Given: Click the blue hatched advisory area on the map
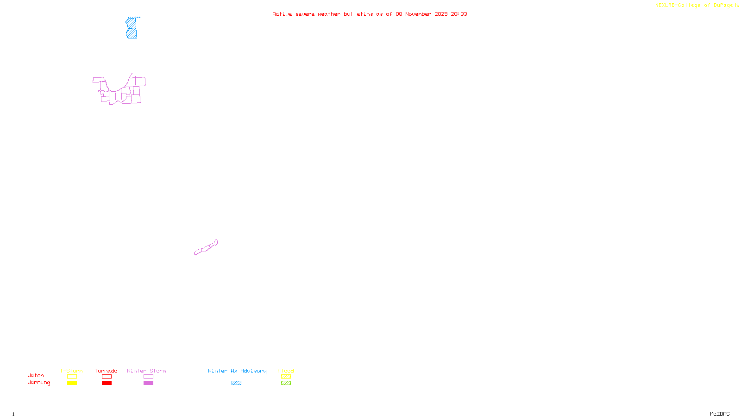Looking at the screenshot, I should click(132, 28).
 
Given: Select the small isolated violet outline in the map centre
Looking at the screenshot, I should click(206, 248).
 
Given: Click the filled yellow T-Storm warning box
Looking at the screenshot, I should click(72, 383).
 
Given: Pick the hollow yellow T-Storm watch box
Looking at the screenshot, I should click(72, 377).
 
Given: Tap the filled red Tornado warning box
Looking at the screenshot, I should click(107, 383).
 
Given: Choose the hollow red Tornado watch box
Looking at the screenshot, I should click(107, 377).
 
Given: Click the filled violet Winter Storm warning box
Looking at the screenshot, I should click(148, 383).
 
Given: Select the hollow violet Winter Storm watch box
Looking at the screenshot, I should click(148, 377).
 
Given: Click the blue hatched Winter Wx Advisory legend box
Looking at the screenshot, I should click(236, 383).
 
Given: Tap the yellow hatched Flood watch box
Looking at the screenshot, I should click(286, 377).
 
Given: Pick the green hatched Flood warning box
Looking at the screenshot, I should click(286, 383).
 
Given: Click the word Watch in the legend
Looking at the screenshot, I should click(36, 376).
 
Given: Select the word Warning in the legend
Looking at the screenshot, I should click(38, 383).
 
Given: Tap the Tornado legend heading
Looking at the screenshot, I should click(106, 371).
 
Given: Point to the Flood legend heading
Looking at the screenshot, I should click(286, 371).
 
